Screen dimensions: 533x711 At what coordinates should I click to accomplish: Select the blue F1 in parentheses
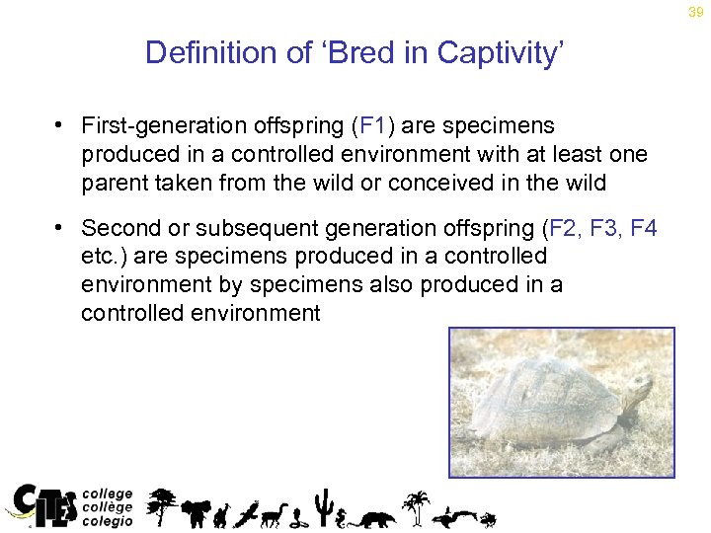[x=374, y=126]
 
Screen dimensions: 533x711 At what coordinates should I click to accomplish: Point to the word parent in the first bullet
[x=112, y=182]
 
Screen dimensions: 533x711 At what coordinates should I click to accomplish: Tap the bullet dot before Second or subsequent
[x=61, y=228]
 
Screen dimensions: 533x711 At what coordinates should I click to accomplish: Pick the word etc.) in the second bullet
[x=104, y=257]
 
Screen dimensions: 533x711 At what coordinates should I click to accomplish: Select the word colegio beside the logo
[x=107, y=521]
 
